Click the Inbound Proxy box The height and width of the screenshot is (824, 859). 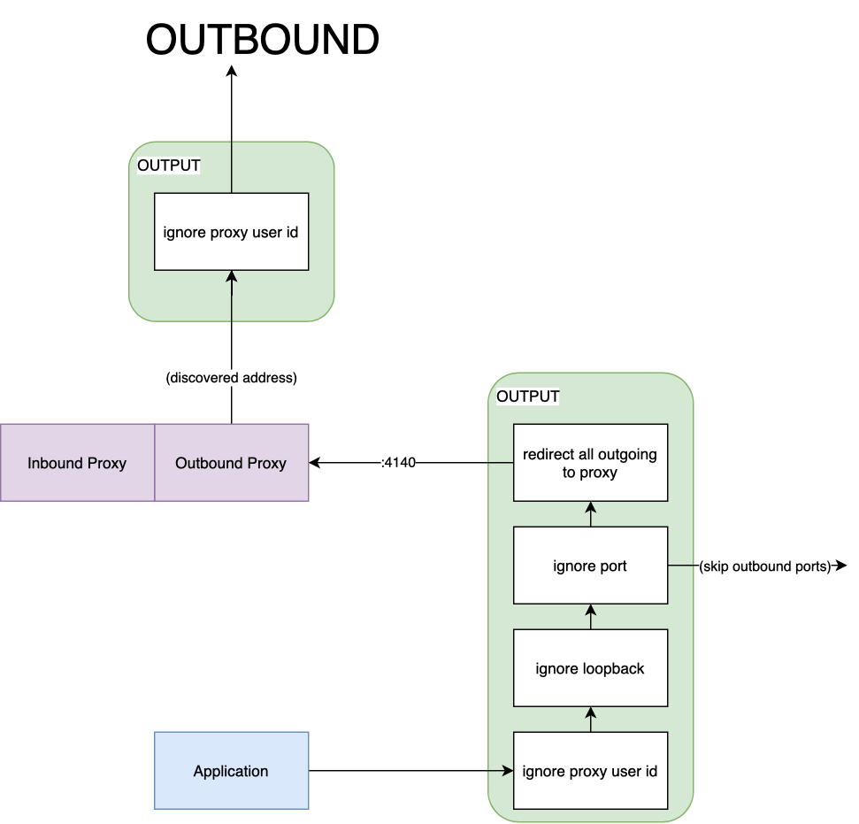[x=77, y=462]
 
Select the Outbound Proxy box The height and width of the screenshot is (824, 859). [x=231, y=462]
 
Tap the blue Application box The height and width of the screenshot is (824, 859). [x=231, y=770]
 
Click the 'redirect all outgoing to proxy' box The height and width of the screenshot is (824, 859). [x=590, y=463]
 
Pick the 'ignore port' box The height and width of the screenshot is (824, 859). [x=590, y=566]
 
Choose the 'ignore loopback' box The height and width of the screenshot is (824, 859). [x=590, y=668]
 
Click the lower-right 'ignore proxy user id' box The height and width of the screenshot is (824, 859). [x=590, y=771]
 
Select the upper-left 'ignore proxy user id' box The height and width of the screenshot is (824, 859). [x=231, y=232]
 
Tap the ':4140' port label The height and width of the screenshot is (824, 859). [x=397, y=463]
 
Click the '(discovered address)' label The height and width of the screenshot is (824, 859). [x=232, y=378]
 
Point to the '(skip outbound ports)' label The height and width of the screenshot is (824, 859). [x=765, y=566]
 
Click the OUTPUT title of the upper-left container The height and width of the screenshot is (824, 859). [x=169, y=166]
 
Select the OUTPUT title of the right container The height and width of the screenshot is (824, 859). [x=528, y=397]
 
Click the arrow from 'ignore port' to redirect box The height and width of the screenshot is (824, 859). [x=590, y=514]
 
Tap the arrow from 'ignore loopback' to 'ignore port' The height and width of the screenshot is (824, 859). [x=590, y=617]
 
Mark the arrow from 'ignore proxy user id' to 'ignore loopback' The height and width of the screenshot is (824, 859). [x=590, y=720]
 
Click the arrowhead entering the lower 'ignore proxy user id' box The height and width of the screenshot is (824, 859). [x=508, y=771]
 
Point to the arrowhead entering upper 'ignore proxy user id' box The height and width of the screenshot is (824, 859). [x=231, y=276]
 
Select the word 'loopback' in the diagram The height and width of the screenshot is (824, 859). [x=612, y=668]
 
